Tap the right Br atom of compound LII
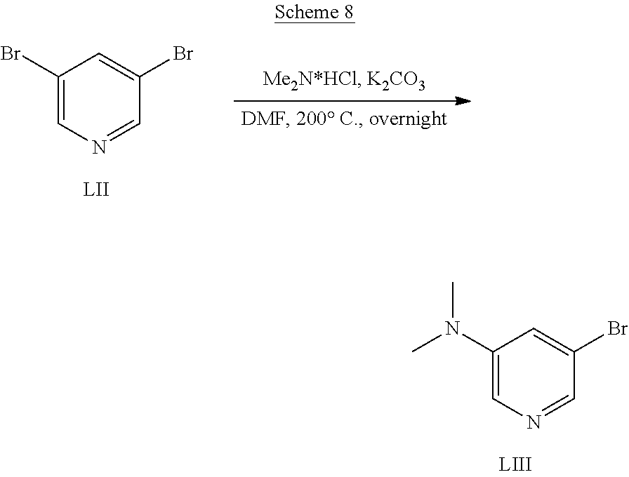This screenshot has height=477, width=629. pyautogui.click(x=183, y=54)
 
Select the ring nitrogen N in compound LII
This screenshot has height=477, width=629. pyautogui.click(x=98, y=147)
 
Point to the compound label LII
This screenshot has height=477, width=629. pyautogui.click(x=96, y=189)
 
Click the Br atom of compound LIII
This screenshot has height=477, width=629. pyautogui.click(x=616, y=329)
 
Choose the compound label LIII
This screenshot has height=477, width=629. pyautogui.click(x=520, y=464)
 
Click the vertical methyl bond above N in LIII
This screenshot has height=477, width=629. pyautogui.click(x=454, y=300)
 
